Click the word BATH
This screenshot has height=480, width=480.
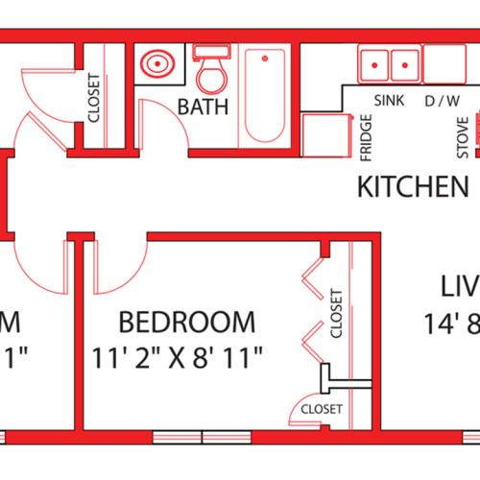click(204, 107)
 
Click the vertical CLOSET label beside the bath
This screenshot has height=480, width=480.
click(95, 99)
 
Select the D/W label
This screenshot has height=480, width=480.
click(443, 99)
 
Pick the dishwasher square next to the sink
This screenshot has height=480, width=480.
click(444, 65)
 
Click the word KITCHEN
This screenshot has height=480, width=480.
click(413, 186)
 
